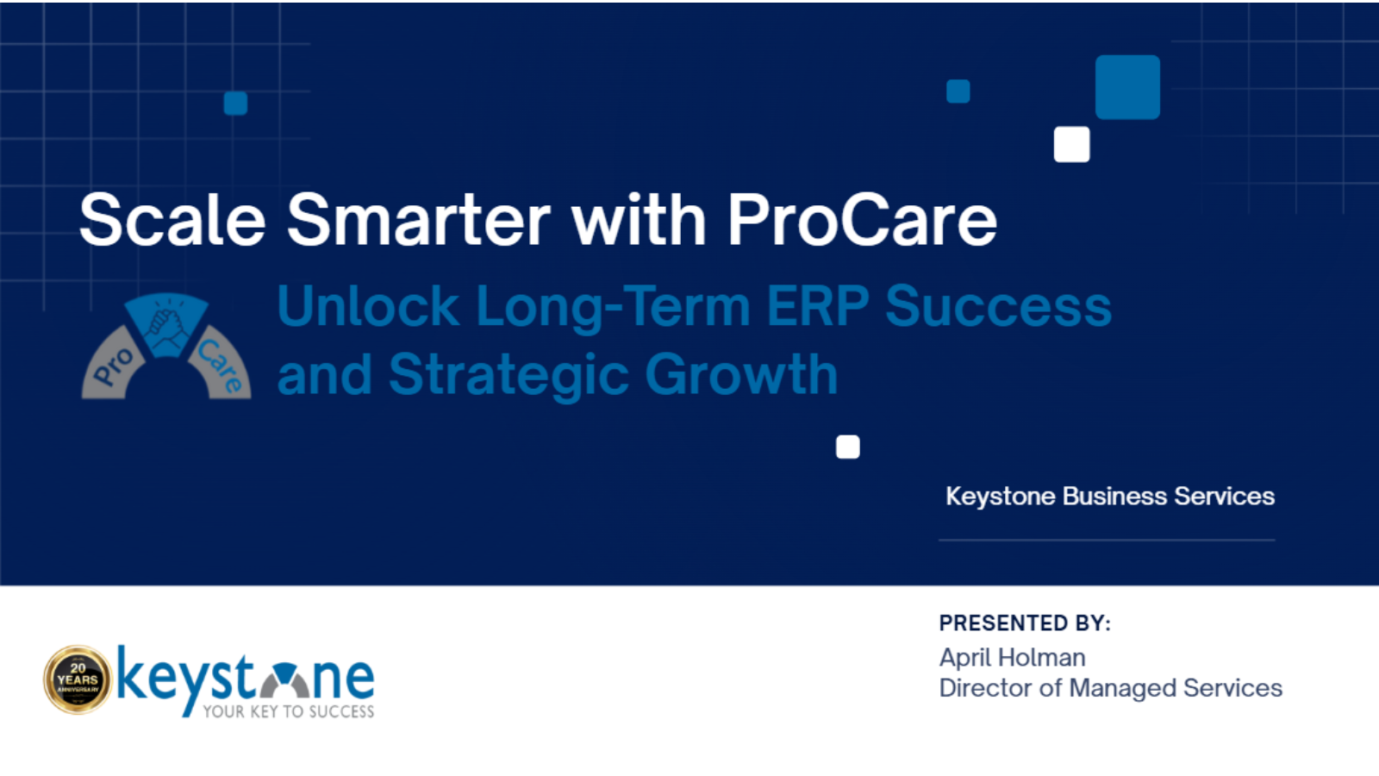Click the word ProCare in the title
coord(863,220)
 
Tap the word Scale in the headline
coord(172,220)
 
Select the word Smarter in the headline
coord(419,220)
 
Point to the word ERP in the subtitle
coord(818,306)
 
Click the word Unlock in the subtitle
coord(368,306)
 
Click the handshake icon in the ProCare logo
coord(166,324)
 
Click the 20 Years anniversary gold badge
coord(78,680)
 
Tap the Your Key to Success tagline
coord(289,711)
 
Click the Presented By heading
coord(1025,623)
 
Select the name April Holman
coord(1013,658)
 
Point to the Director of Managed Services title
coord(1111,689)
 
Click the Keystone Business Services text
coord(1110,497)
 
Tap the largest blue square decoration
coord(1128,87)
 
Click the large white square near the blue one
coord(1072,144)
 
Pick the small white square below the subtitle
coord(848,447)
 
